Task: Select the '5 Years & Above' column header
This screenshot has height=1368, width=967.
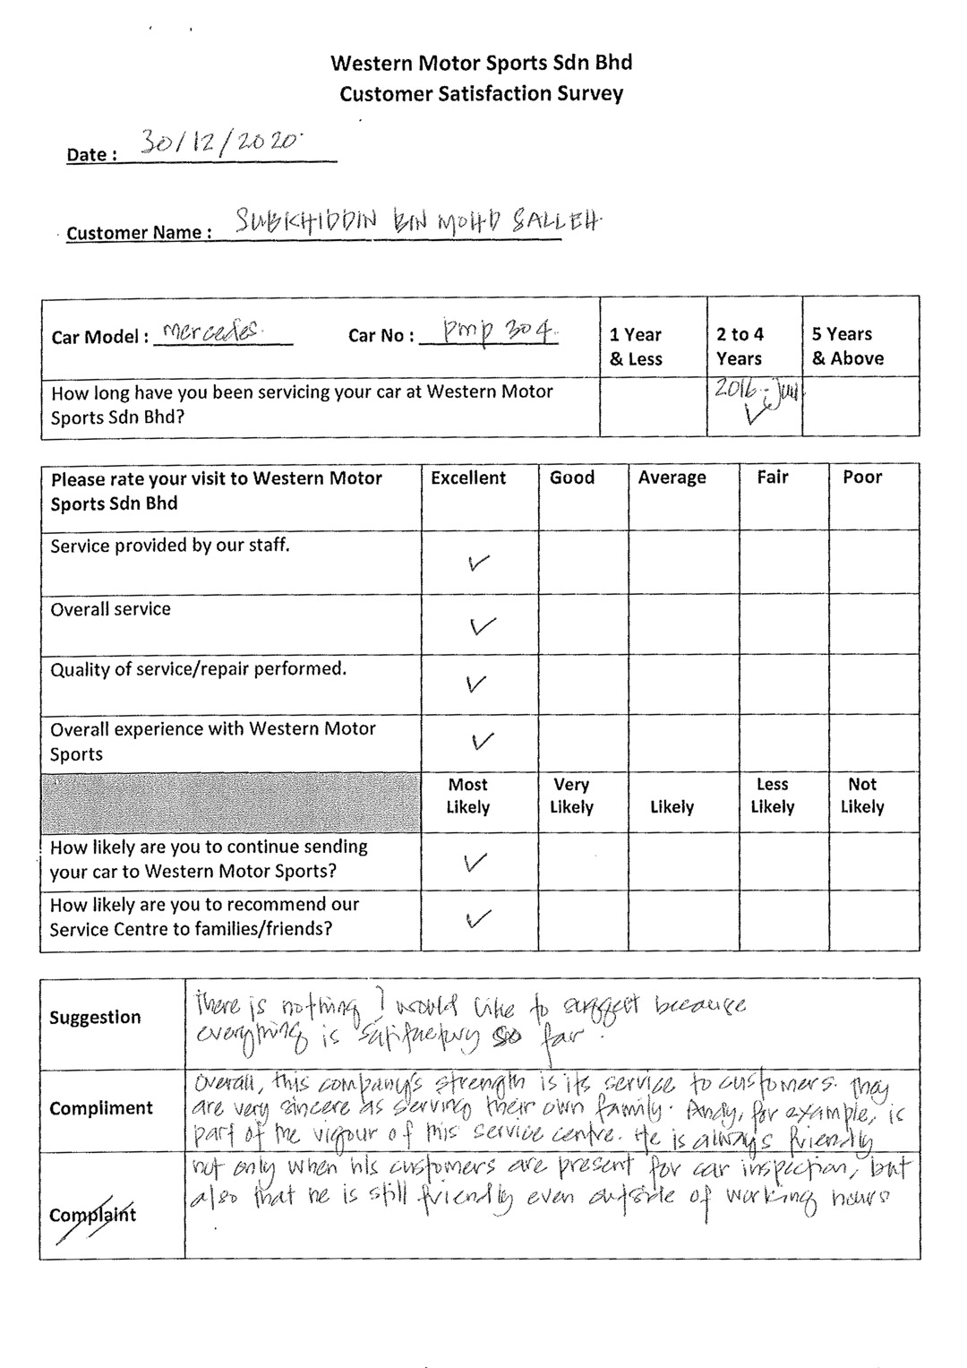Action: pyautogui.click(x=848, y=346)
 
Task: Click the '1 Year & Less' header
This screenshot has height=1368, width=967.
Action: pyautogui.click(x=636, y=347)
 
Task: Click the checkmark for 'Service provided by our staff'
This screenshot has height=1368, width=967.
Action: pyautogui.click(x=480, y=564)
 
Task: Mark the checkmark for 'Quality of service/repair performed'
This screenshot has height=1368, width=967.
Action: pyautogui.click(x=478, y=684)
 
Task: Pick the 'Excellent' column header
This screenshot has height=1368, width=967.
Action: pyautogui.click(x=468, y=478)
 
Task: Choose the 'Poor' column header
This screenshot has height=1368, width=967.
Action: pyautogui.click(x=862, y=478)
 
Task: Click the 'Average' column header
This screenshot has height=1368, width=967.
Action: pyautogui.click(x=672, y=478)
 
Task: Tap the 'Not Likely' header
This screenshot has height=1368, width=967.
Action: pyautogui.click(x=862, y=796)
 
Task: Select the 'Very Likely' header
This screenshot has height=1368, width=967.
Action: pyautogui.click(x=571, y=796)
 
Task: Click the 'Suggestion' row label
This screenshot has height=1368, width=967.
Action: pyautogui.click(x=95, y=1018)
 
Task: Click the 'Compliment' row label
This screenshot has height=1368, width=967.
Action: pyautogui.click(x=101, y=1108)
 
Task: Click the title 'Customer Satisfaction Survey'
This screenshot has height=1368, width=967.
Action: pyautogui.click(x=482, y=93)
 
